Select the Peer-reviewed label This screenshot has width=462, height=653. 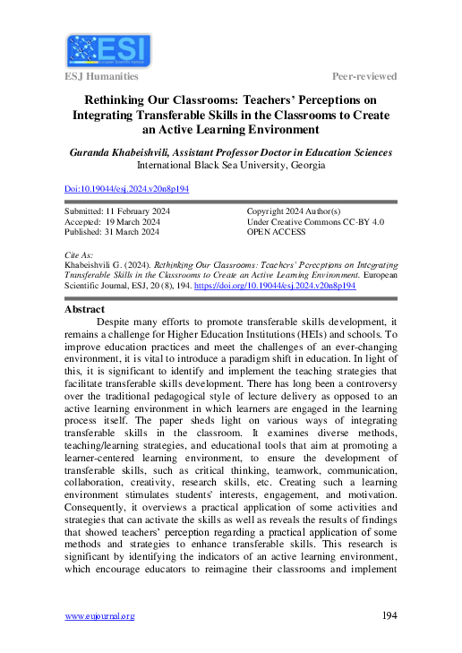click(x=364, y=78)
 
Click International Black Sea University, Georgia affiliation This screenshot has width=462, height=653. click(x=231, y=166)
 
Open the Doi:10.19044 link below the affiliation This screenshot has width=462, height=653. click(x=127, y=190)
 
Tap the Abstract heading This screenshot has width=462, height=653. click(x=86, y=309)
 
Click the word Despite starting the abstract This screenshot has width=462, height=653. click(x=117, y=320)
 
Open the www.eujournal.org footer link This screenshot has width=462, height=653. click(x=99, y=616)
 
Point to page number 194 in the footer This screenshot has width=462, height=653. click(x=389, y=615)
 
